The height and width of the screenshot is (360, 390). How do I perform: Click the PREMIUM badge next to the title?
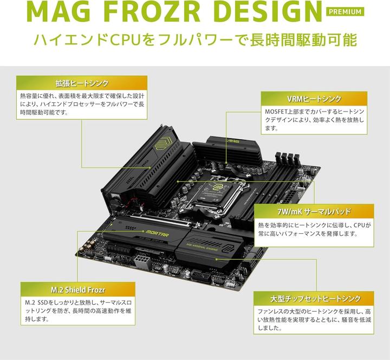click(x=344, y=12)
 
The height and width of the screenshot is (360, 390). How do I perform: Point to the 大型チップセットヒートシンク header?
click(x=315, y=298)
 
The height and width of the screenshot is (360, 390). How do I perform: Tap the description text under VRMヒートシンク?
click(x=314, y=120)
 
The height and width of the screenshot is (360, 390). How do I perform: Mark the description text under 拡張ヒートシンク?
click(x=81, y=103)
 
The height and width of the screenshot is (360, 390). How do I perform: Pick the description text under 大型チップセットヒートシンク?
click(x=315, y=319)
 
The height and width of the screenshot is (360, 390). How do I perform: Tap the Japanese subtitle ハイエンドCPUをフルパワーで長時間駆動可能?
click(x=194, y=41)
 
